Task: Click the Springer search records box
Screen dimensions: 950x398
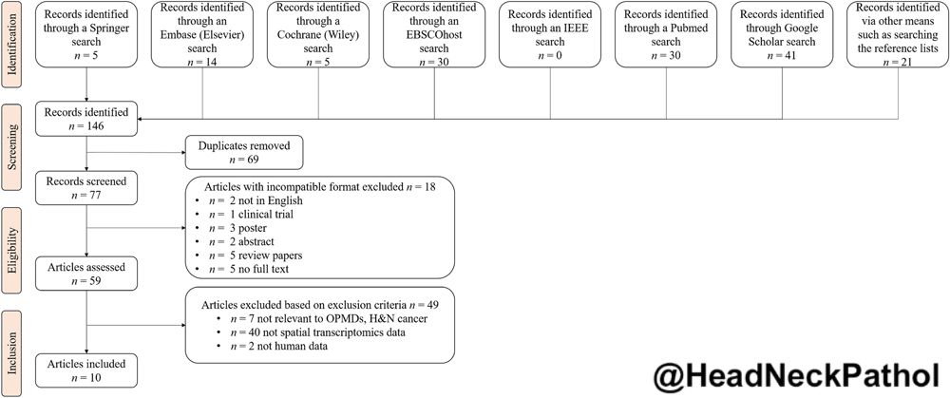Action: coord(86,34)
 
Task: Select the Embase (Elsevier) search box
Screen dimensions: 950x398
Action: coord(202,34)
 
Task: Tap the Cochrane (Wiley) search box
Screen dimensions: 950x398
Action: coord(318,34)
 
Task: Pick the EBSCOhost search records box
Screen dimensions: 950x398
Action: coord(434,34)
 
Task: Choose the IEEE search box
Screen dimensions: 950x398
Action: coord(550,34)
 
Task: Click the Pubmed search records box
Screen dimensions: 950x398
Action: coord(666,34)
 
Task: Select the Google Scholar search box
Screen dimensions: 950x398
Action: coord(782,34)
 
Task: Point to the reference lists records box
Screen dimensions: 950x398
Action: coord(898,34)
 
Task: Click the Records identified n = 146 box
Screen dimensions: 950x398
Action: coord(86,119)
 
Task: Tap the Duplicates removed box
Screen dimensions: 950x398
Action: coord(243,153)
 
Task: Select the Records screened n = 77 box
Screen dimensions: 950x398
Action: coord(86,188)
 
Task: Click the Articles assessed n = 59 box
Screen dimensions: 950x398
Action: coord(86,274)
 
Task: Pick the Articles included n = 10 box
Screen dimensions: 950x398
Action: coord(86,370)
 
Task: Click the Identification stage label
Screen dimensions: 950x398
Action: coord(11,41)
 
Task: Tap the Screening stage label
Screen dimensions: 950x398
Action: coord(11,144)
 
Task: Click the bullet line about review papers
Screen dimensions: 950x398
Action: coord(249,255)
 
